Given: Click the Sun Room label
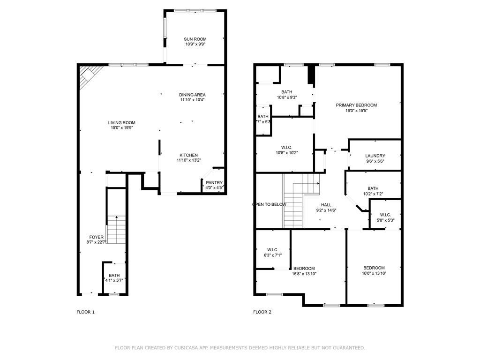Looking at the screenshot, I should pos(195,39).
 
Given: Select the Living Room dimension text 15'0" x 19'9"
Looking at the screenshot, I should pos(122,127).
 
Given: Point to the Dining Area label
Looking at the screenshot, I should pos(192,95).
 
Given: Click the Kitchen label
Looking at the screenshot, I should pos(188,155).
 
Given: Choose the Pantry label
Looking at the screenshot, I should pos(214,183).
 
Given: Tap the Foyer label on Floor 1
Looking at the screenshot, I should pos(97,237).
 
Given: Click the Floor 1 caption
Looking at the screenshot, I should pos(85,312).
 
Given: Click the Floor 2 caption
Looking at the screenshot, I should pos(262,312).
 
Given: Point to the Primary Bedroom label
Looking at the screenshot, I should pos(356,105).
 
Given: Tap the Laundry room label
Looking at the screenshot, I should pos(375,156).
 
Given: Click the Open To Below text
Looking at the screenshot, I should pos(269,204).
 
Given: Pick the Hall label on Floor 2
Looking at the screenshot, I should pos(326,205).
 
